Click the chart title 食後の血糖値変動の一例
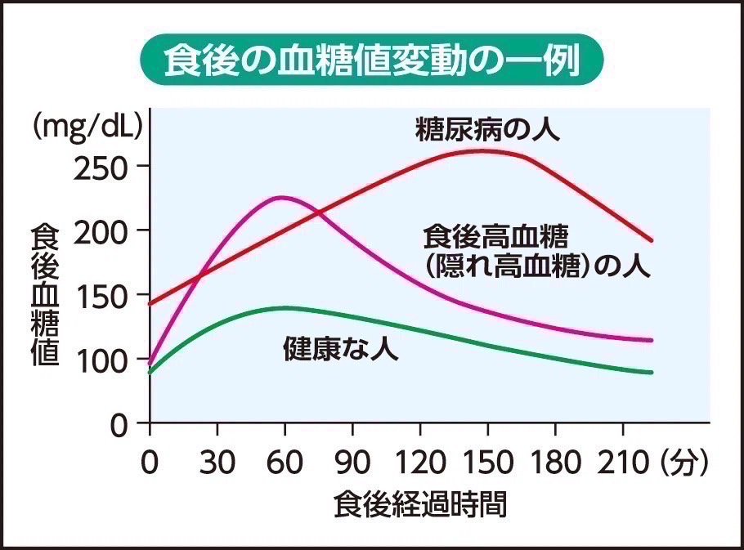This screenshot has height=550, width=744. click(x=372, y=60)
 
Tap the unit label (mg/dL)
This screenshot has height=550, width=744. click(x=88, y=127)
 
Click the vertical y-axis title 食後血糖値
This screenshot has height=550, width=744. click(x=44, y=295)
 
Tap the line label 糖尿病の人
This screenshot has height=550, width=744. click(x=488, y=129)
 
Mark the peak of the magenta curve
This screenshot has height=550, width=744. click(x=282, y=197)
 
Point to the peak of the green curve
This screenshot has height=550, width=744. click(x=285, y=308)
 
